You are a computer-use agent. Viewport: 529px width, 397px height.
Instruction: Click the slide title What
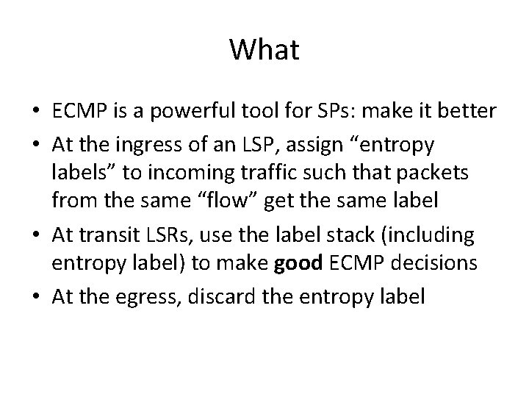point(264,51)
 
